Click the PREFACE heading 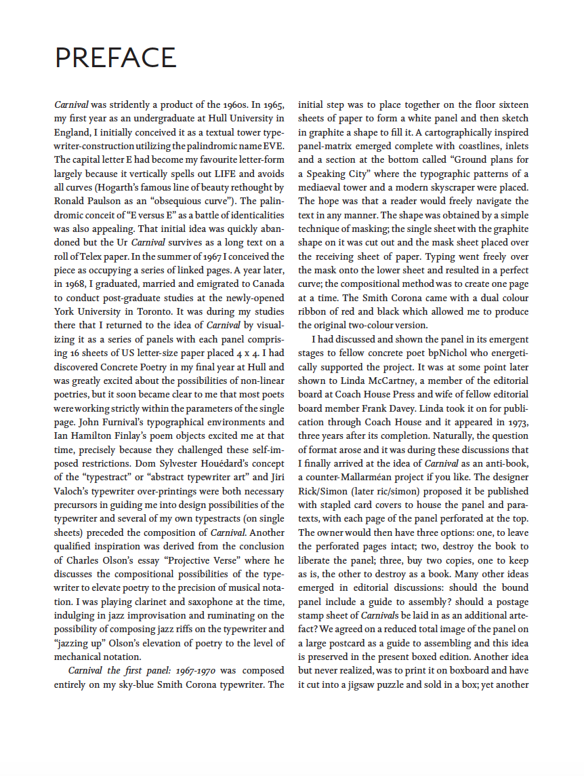pos(115,58)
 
